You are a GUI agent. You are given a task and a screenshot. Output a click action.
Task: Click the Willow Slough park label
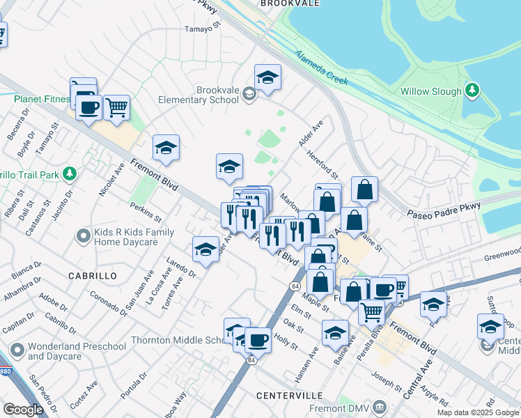pyautogui.click(x=430, y=91)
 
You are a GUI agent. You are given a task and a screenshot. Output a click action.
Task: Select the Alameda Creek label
pyautogui.click(x=320, y=68)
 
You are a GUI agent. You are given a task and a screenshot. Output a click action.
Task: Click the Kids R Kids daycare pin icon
pyautogui.click(x=83, y=236)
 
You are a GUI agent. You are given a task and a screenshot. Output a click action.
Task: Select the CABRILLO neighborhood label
pyautogui.click(x=92, y=276)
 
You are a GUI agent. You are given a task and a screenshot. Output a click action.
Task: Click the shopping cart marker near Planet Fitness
pyautogui.click(x=117, y=107)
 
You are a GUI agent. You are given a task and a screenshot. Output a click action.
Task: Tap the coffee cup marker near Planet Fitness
pyautogui.click(x=88, y=108)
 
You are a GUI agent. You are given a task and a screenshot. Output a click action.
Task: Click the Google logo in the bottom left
pyautogui.click(x=23, y=409)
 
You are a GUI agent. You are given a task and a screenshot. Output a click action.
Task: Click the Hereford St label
pyautogui.click(x=323, y=166)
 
